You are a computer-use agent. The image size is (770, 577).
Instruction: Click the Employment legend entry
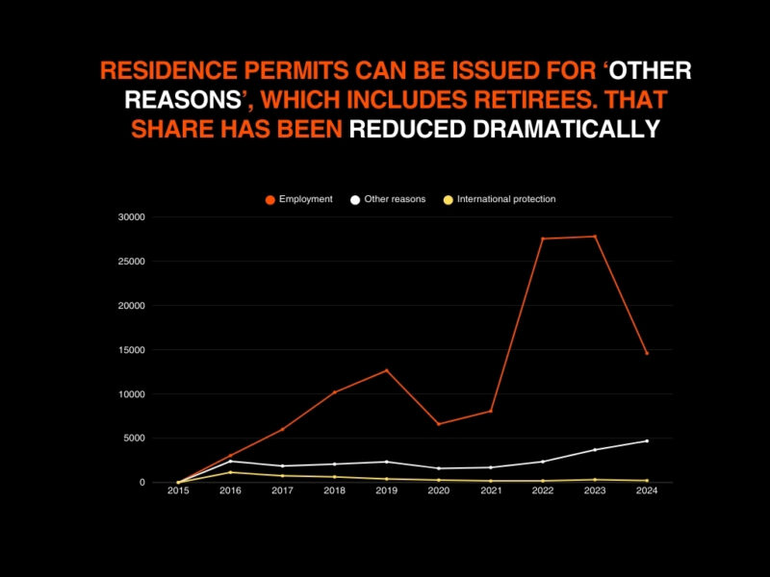[299, 199]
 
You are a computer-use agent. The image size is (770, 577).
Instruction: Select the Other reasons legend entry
[389, 199]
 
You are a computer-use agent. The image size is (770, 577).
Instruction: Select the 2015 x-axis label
[178, 490]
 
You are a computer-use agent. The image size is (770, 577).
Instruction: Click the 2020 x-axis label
[438, 490]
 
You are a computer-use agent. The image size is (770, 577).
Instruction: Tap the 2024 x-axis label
[646, 490]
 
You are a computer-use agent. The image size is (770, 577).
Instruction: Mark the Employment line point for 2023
[594, 237]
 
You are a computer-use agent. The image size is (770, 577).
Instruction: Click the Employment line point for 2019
[386, 370]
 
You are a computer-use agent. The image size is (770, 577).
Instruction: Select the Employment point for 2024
[646, 353]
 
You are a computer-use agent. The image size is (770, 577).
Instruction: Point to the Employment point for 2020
[438, 424]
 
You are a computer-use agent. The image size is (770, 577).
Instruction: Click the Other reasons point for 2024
[646, 440]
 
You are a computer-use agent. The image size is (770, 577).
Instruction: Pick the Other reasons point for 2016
[230, 461]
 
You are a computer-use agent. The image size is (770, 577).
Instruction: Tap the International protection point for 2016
[230, 472]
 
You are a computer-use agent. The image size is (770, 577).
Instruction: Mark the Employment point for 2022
[542, 238]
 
